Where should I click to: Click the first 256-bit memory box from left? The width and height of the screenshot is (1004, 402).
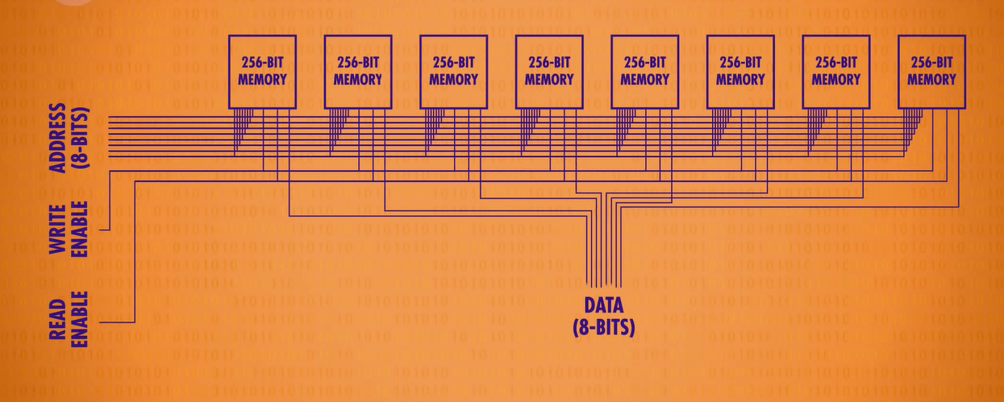263,71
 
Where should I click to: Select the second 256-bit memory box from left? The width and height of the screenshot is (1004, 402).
358,71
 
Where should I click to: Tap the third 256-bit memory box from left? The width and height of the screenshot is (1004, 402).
454,71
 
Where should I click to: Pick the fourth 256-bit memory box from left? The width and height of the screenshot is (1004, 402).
549,71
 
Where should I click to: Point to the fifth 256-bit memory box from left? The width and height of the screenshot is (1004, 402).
645,71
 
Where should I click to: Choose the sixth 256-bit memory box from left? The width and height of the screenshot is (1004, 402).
740,71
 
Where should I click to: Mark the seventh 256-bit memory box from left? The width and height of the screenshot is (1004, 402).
836,71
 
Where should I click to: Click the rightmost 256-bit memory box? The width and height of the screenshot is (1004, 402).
931,71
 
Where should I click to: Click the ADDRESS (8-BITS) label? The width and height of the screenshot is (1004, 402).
68,138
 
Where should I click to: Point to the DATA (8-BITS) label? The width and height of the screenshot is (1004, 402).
603,316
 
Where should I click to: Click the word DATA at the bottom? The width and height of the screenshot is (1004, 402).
603,305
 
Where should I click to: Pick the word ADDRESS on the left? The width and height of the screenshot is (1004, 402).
58,138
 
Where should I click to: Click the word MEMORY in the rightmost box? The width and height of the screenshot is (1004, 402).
931,79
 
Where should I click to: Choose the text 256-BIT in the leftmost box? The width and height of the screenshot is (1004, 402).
263,62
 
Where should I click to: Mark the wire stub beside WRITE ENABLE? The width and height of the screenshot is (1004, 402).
104,230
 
